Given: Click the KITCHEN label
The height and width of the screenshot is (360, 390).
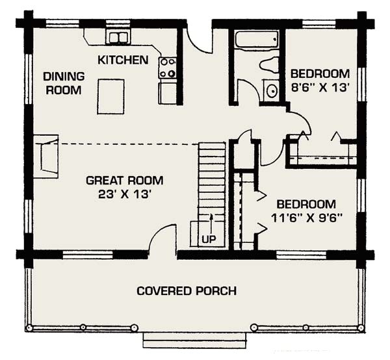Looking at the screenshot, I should (x=123, y=60).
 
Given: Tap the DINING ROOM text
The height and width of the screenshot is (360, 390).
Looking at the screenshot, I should (x=63, y=83).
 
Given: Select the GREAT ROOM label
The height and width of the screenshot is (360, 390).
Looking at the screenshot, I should (x=124, y=180).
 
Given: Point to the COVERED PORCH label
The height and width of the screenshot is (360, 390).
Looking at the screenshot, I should (x=186, y=290).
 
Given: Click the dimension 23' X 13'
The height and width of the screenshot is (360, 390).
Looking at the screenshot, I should (x=124, y=193).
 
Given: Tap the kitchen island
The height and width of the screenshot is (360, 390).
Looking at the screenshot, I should (x=110, y=96).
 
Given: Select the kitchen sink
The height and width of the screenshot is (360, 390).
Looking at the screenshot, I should (x=118, y=38).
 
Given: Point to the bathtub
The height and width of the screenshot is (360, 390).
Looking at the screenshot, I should (x=257, y=40).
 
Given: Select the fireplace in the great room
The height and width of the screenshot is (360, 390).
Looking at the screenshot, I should (x=47, y=156).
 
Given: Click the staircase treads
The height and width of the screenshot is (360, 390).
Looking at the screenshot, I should (x=211, y=182).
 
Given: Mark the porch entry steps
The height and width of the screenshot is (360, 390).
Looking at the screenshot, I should (x=195, y=341).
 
